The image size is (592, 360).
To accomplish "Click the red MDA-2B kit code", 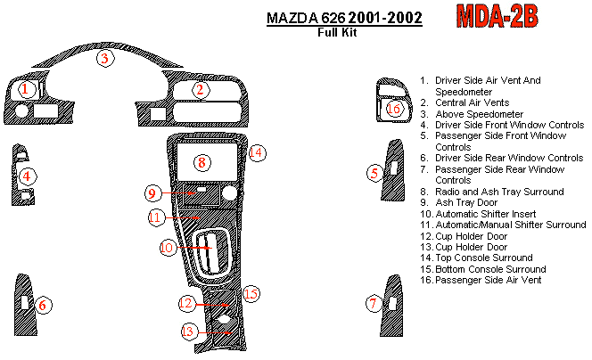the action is tap(497, 16).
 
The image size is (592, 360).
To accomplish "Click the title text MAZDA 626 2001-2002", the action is tap(344, 18).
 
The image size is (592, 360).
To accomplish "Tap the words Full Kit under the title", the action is tap(337, 32).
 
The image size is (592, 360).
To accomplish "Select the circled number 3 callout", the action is tap(105, 58).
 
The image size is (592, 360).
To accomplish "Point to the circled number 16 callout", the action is tap(394, 109).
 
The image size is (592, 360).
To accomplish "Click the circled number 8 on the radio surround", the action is tap(202, 163).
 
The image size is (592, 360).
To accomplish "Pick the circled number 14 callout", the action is tap(257, 153).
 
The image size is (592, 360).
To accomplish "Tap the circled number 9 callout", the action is tap(152, 193).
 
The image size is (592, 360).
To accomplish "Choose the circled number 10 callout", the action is tap(168, 248).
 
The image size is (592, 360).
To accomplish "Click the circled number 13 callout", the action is tap(188, 331).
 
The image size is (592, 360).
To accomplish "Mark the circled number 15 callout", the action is tap(251, 294).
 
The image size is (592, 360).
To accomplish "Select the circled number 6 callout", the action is tap(43, 305).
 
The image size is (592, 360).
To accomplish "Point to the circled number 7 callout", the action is tap(374, 303).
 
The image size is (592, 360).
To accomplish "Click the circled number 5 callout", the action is tap(374, 173).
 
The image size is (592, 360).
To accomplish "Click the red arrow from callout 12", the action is tap(212, 305).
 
